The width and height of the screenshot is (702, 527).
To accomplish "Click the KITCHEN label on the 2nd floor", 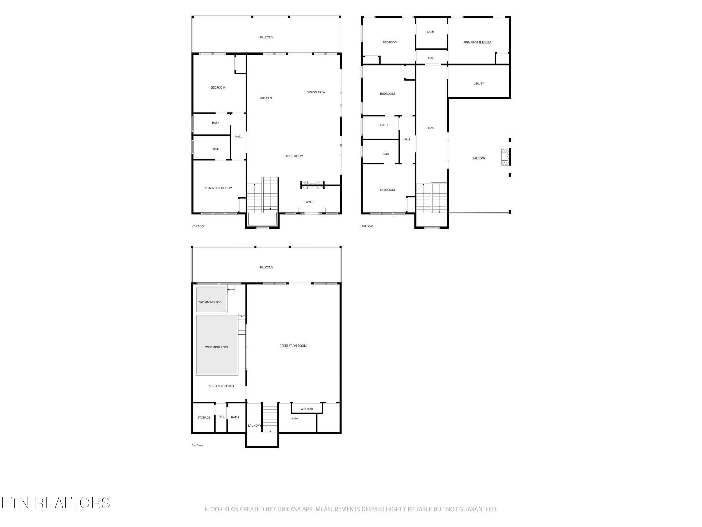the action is [266, 98].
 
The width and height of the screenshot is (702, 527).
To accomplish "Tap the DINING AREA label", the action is [316, 92].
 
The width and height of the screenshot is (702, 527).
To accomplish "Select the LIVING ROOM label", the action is [294, 156].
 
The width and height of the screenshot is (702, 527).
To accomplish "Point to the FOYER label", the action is [309, 202].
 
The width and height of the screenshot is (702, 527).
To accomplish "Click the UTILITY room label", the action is [479, 84].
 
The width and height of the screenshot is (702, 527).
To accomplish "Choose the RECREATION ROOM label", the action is [293, 346].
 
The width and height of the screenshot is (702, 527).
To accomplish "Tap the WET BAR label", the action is [307, 409].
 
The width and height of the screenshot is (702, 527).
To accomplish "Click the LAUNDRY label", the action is [254, 426].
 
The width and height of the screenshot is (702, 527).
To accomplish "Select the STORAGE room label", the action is [204, 418].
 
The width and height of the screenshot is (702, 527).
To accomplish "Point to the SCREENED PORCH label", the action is [221, 386].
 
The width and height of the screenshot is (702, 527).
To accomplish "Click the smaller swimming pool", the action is [211, 300].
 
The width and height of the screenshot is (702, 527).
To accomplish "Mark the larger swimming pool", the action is [217, 344].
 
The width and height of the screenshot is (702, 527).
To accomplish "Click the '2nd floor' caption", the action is [198, 226].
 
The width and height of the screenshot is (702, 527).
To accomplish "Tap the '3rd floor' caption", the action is [367, 226].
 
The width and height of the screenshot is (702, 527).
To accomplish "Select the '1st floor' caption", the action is [197, 445].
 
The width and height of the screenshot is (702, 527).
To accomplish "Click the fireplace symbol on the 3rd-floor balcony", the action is [506, 157].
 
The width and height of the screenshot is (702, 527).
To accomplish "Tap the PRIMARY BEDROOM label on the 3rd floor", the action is [477, 43].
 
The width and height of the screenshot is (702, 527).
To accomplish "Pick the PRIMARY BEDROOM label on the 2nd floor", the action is [218, 188].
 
